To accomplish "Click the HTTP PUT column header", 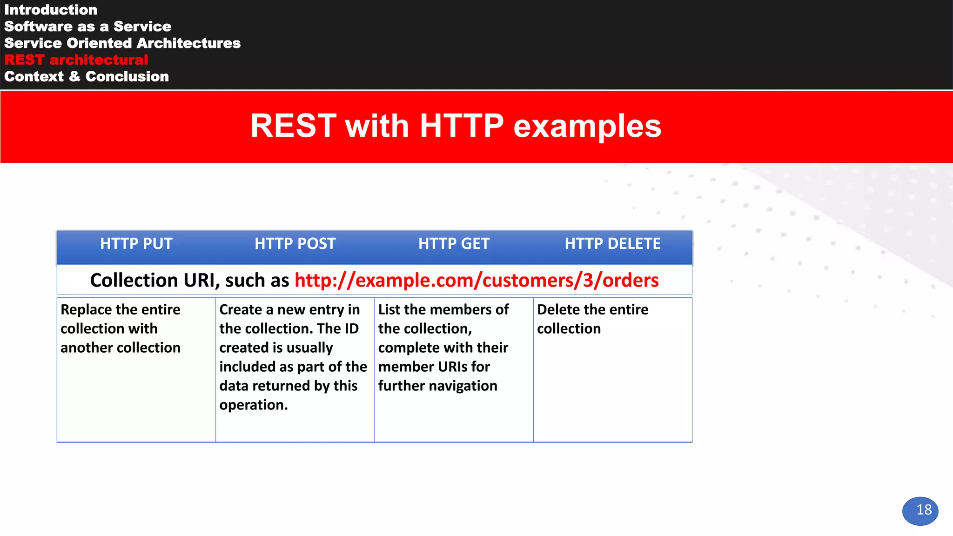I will pyautogui.click(x=136, y=244).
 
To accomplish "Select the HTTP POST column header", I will pyautogui.click(x=295, y=244).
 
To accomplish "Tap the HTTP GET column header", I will pyautogui.click(x=454, y=244).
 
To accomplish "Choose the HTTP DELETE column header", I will pyautogui.click(x=612, y=244).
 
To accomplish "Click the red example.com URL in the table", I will pyautogui.click(x=476, y=281).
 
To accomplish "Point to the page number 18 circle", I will pyautogui.click(x=920, y=511).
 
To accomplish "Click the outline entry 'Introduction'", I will pyautogui.click(x=51, y=10).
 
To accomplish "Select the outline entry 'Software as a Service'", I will pyautogui.click(x=87, y=27).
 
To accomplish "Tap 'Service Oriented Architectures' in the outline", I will pyautogui.click(x=122, y=43).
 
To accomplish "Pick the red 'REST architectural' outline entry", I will pyautogui.click(x=76, y=60).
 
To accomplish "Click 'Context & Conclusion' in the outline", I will pyautogui.click(x=87, y=77).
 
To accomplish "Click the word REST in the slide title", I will pyautogui.click(x=293, y=126).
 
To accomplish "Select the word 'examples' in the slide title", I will pyautogui.click(x=587, y=126).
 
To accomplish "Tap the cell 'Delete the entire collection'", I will pyautogui.click(x=592, y=319).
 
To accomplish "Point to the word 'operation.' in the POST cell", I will pyautogui.click(x=254, y=405).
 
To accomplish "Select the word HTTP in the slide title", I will pyautogui.click(x=461, y=126).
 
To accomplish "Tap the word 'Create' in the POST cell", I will pyautogui.click(x=241, y=310).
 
